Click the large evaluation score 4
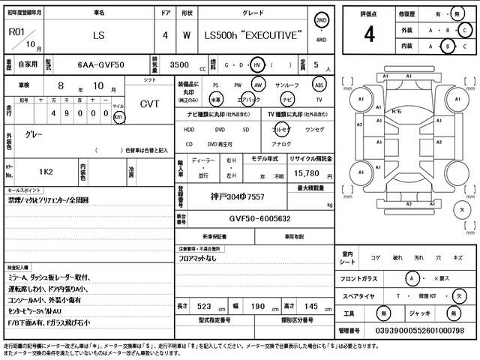coord(369,34)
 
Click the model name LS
coord(98,35)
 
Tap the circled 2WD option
coord(322,20)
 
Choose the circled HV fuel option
coord(258,65)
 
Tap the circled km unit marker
coord(118,118)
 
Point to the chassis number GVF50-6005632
coord(250,219)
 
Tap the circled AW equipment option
coord(259,85)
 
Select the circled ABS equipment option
coord(319,85)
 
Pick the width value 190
coord(255,307)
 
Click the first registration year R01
coord(15,31)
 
